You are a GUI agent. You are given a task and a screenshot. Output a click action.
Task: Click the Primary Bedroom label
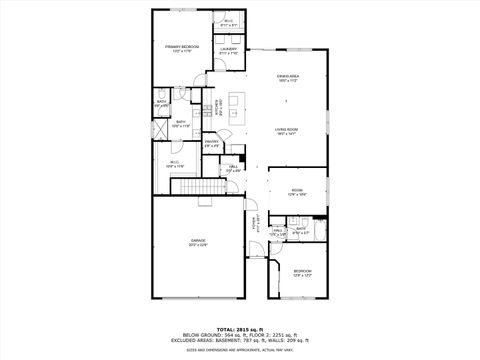183,48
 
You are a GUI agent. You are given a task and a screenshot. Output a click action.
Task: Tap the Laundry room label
228,49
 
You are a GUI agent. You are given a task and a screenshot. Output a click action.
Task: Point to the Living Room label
289,129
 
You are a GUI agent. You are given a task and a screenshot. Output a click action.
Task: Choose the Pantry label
212,142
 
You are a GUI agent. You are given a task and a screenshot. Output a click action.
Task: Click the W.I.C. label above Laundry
228,21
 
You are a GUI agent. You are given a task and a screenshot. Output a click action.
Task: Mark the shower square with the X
161,130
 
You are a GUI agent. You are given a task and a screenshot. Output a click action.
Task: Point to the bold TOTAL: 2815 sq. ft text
240,328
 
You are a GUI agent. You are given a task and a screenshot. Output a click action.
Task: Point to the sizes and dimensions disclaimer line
240,349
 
